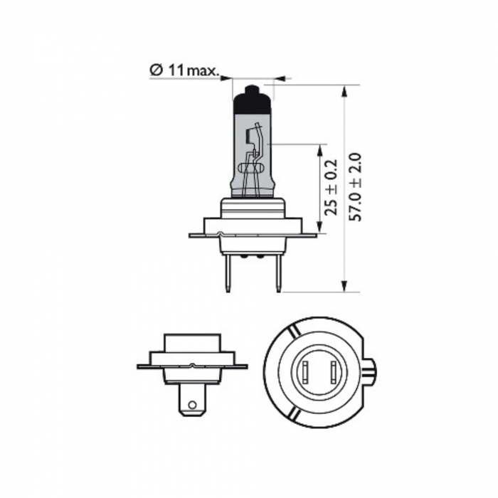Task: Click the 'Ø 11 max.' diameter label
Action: (x=184, y=70)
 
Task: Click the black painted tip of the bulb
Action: (x=253, y=100)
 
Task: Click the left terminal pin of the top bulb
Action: (x=228, y=274)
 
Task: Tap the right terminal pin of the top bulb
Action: (x=277, y=274)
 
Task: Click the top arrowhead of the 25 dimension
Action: (x=321, y=149)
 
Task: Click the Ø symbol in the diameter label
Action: (x=155, y=70)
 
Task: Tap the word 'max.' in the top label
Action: (x=201, y=70)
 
